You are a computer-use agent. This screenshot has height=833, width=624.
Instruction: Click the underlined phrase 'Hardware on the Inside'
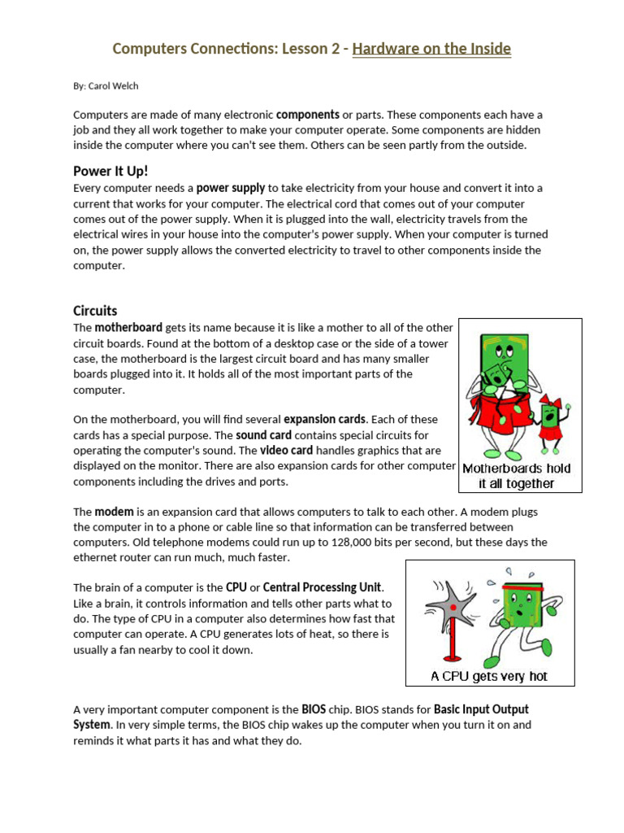tap(431, 49)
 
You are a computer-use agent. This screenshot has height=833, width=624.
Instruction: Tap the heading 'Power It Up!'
tap(110, 171)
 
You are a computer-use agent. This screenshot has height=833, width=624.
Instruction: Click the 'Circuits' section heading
tap(95, 311)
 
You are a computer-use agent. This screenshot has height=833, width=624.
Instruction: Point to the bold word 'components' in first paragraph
tap(307, 115)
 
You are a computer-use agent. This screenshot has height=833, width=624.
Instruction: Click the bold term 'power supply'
tap(231, 188)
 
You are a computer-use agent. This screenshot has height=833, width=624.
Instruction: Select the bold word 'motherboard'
tap(128, 328)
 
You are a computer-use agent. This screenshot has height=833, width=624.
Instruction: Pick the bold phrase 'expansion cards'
tap(324, 420)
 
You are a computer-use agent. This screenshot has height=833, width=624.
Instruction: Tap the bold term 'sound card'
tap(263, 435)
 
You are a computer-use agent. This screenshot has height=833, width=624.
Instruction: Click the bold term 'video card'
tap(286, 451)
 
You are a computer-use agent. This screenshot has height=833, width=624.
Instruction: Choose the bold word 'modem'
tap(114, 512)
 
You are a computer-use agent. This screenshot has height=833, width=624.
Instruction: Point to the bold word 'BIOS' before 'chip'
tap(313, 709)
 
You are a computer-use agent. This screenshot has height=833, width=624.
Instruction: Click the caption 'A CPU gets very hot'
tap(489, 676)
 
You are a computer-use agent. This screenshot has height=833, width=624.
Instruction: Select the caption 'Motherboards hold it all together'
tap(517, 476)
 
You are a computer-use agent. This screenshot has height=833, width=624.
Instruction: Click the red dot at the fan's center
tap(452, 608)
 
